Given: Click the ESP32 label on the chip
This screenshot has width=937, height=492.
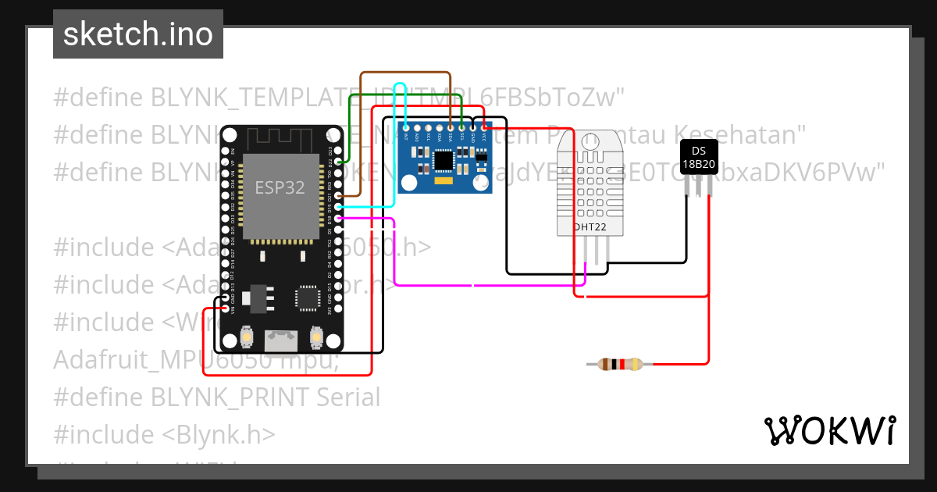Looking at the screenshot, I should [x=280, y=188].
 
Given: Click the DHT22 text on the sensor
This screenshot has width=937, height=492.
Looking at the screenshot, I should [x=590, y=227].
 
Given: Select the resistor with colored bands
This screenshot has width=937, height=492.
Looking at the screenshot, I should [x=620, y=364].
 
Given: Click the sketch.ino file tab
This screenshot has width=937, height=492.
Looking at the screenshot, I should [x=138, y=34].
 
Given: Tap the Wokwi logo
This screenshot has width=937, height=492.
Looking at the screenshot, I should [x=829, y=431].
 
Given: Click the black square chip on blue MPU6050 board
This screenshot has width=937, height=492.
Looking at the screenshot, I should [x=444, y=160].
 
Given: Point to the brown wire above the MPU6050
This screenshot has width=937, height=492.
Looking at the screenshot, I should [x=406, y=73].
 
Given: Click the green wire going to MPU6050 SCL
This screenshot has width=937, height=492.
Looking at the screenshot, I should [x=406, y=96].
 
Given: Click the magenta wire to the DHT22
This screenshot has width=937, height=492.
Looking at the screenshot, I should [x=484, y=285].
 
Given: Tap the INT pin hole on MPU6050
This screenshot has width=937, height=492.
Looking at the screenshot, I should [x=406, y=127].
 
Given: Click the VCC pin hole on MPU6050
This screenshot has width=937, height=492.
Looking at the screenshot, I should [x=485, y=127].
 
